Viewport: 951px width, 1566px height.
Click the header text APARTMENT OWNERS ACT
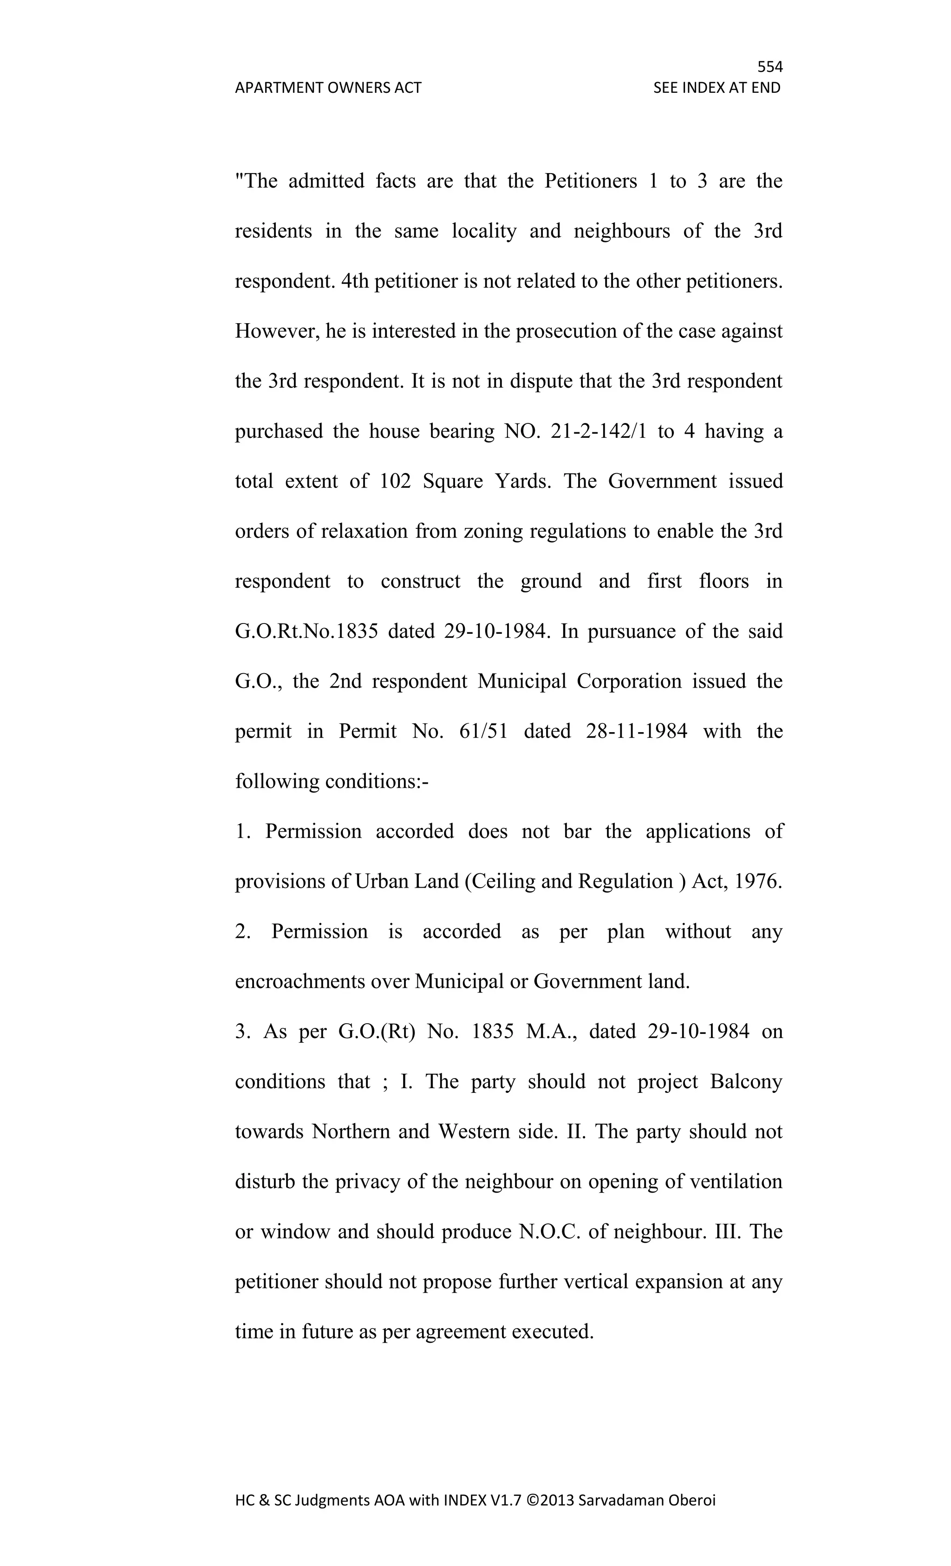tap(328, 88)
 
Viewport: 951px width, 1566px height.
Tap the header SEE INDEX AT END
tap(717, 88)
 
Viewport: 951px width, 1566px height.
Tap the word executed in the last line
tap(552, 1332)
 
